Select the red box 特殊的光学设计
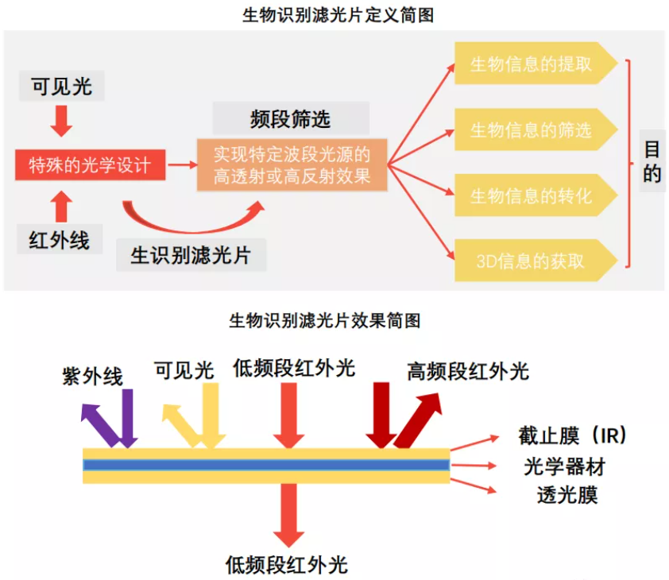coord(90,165)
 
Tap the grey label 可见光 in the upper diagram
coord(61,86)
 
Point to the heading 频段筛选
coord(290,119)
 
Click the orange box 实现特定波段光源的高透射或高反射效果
coord(292,164)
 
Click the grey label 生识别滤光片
coord(191,255)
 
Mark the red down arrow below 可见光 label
coord(61,120)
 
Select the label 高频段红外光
coord(468,371)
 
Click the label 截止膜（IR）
coord(573,436)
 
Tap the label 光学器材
coord(565,466)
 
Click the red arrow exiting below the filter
coord(287,513)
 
